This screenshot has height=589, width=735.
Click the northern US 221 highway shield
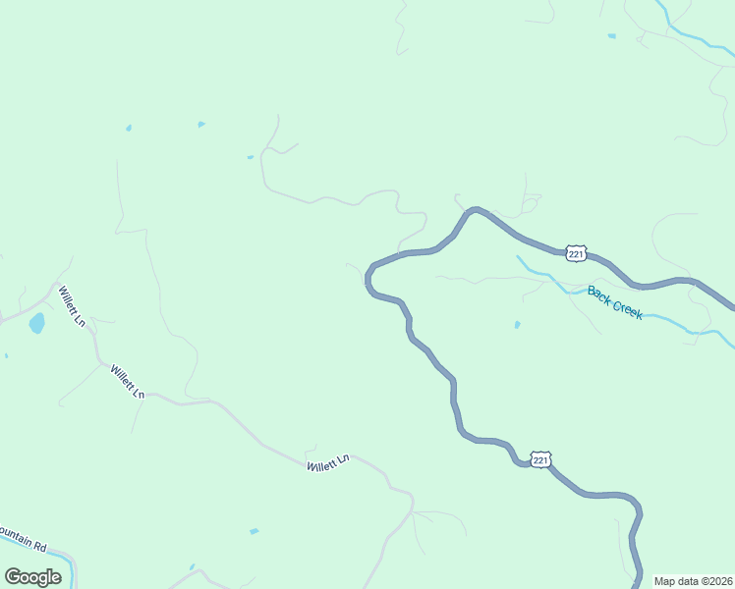[x=576, y=254]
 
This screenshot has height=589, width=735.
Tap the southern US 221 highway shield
[x=539, y=459]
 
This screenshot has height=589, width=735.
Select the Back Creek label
[x=615, y=302]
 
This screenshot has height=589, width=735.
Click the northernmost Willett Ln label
[x=72, y=306]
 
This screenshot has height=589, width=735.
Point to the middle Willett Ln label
[x=128, y=381]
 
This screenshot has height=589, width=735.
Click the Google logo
[x=32, y=576]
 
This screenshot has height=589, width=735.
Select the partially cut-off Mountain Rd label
[x=22, y=538]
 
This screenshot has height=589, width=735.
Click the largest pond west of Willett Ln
[x=36, y=323]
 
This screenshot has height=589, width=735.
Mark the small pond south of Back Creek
[x=517, y=324]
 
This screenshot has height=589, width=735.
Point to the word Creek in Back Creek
[x=628, y=308]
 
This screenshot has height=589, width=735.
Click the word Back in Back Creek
[x=598, y=294]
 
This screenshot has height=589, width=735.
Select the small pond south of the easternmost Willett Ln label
[x=254, y=531]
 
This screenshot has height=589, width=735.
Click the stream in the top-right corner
[x=688, y=32]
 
